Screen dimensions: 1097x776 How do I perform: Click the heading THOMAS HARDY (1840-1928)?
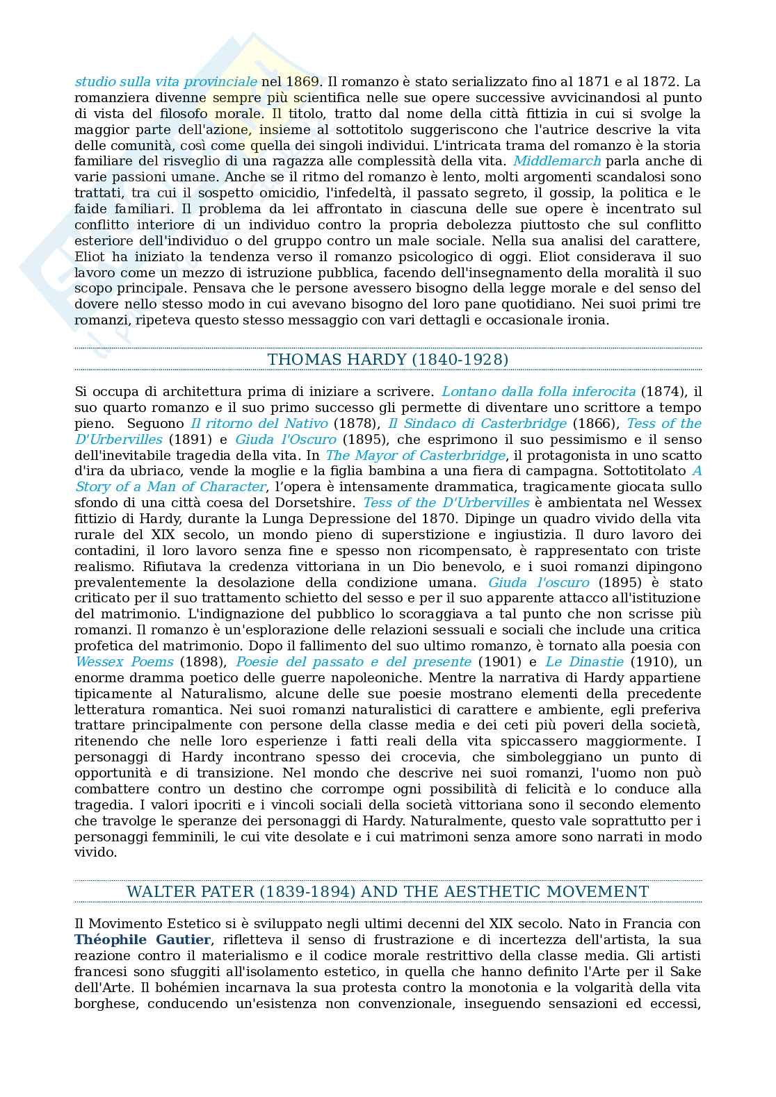point(387,359)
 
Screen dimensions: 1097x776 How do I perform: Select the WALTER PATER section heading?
point(387,891)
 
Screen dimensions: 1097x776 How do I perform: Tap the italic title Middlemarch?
point(557,161)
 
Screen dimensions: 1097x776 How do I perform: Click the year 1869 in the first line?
point(300,81)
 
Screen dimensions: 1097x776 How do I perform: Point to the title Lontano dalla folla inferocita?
point(538,392)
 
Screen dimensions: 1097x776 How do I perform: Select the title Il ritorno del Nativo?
point(259,424)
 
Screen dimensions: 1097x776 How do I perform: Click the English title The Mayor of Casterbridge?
point(415,456)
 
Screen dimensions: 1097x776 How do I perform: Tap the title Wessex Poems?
point(124,662)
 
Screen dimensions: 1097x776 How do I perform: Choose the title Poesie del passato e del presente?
point(353,662)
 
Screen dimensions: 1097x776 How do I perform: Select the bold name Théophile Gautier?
point(143,940)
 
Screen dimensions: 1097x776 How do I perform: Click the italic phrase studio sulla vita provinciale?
point(165,81)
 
